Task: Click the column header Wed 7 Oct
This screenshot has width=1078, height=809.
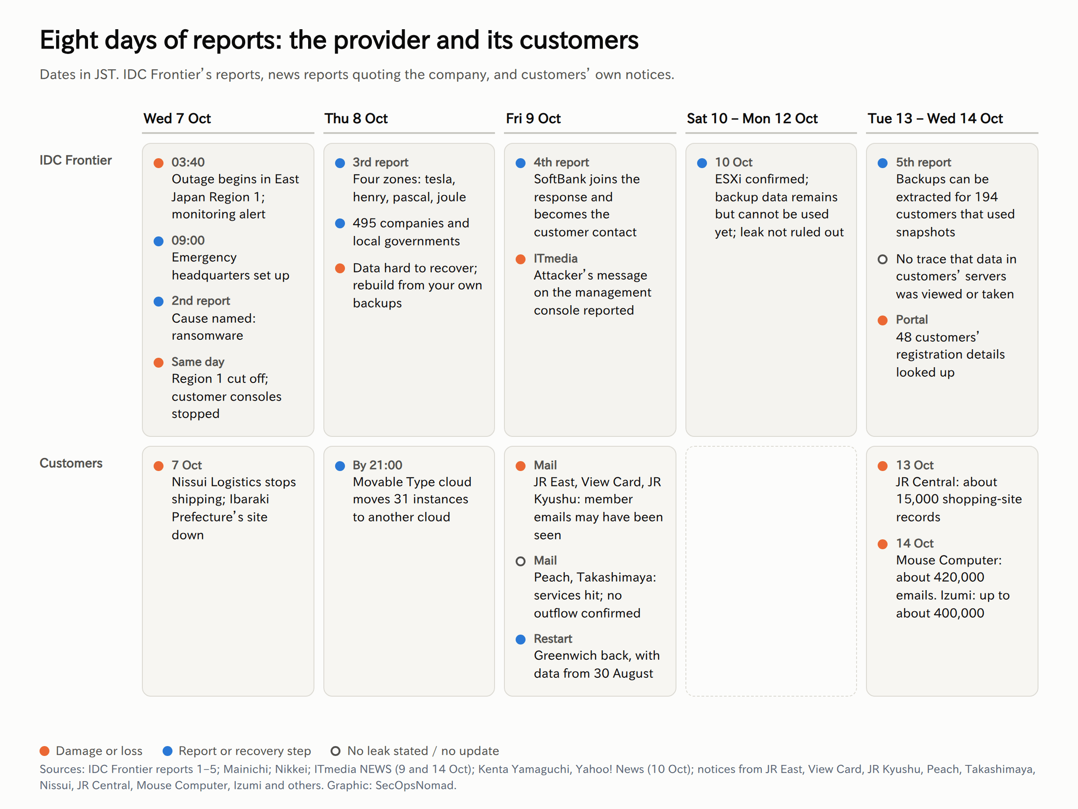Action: click(177, 119)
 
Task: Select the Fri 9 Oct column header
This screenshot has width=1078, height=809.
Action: click(533, 119)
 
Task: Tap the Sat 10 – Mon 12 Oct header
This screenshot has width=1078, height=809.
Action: click(752, 119)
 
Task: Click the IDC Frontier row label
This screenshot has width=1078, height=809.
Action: click(75, 160)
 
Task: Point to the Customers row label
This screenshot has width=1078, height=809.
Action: click(71, 463)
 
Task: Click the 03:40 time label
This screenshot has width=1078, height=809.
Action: click(188, 162)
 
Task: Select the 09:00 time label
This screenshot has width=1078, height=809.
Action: click(188, 240)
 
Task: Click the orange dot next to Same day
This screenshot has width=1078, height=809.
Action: click(159, 362)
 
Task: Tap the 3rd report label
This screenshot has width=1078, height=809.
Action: click(380, 162)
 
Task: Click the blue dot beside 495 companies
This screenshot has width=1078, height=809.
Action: click(340, 223)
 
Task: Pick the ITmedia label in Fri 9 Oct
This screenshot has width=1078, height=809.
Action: click(556, 258)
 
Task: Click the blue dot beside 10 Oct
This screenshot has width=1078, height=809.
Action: click(702, 163)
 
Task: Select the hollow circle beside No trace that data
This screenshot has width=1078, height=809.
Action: click(883, 259)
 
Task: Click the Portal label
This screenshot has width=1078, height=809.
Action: click(912, 320)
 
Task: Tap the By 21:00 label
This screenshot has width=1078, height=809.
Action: click(378, 465)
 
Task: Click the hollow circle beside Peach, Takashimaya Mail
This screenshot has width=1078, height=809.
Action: click(521, 561)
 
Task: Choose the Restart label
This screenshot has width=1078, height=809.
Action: click(553, 638)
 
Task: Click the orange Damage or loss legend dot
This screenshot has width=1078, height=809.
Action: click(44, 751)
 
